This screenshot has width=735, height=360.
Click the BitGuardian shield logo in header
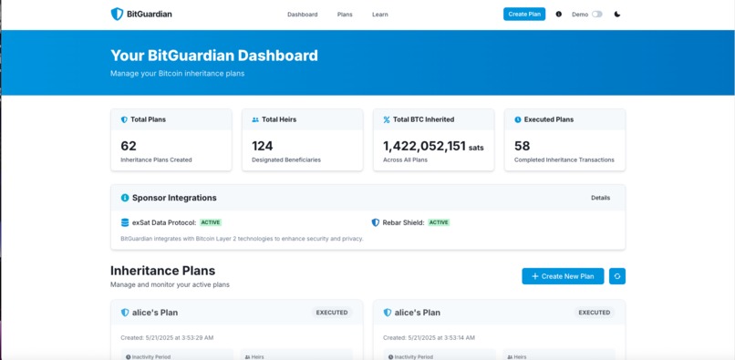click(x=117, y=14)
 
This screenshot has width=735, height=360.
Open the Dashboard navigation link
click(x=302, y=15)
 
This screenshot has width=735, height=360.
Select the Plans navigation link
click(x=345, y=15)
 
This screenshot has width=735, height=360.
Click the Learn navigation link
click(x=379, y=15)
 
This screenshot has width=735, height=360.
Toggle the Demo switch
click(x=597, y=15)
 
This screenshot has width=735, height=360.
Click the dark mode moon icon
click(x=617, y=15)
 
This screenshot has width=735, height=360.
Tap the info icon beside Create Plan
click(x=559, y=15)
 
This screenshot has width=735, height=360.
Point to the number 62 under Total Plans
click(x=129, y=146)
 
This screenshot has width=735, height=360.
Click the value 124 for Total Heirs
click(x=263, y=146)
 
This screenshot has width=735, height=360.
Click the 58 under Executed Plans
click(x=522, y=146)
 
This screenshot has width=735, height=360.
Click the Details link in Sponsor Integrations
click(x=600, y=198)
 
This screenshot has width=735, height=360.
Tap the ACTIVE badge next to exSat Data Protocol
click(x=211, y=222)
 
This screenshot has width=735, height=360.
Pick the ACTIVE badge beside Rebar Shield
click(x=439, y=222)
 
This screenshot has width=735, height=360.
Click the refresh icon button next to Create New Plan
click(x=617, y=276)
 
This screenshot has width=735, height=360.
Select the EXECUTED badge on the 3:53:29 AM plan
click(x=332, y=313)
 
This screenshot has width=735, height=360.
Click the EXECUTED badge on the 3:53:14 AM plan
click(x=594, y=313)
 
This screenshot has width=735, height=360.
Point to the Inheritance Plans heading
click(x=162, y=271)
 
